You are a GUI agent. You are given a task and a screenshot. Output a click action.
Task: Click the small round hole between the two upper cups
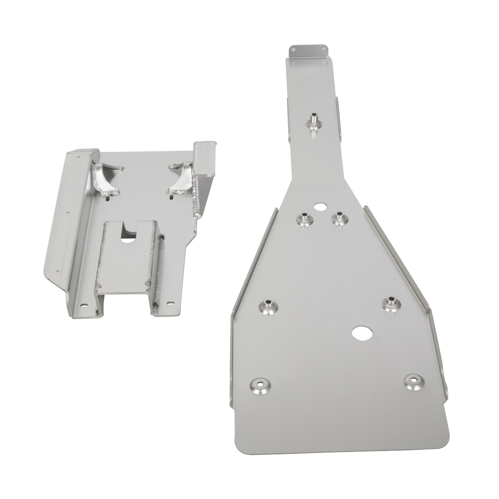[320, 206]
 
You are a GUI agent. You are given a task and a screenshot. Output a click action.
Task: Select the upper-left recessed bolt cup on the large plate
[304, 219]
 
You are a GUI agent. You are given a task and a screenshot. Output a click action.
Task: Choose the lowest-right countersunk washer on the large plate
[413, 381]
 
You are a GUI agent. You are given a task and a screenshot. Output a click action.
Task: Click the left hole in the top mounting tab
[293, 49]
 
